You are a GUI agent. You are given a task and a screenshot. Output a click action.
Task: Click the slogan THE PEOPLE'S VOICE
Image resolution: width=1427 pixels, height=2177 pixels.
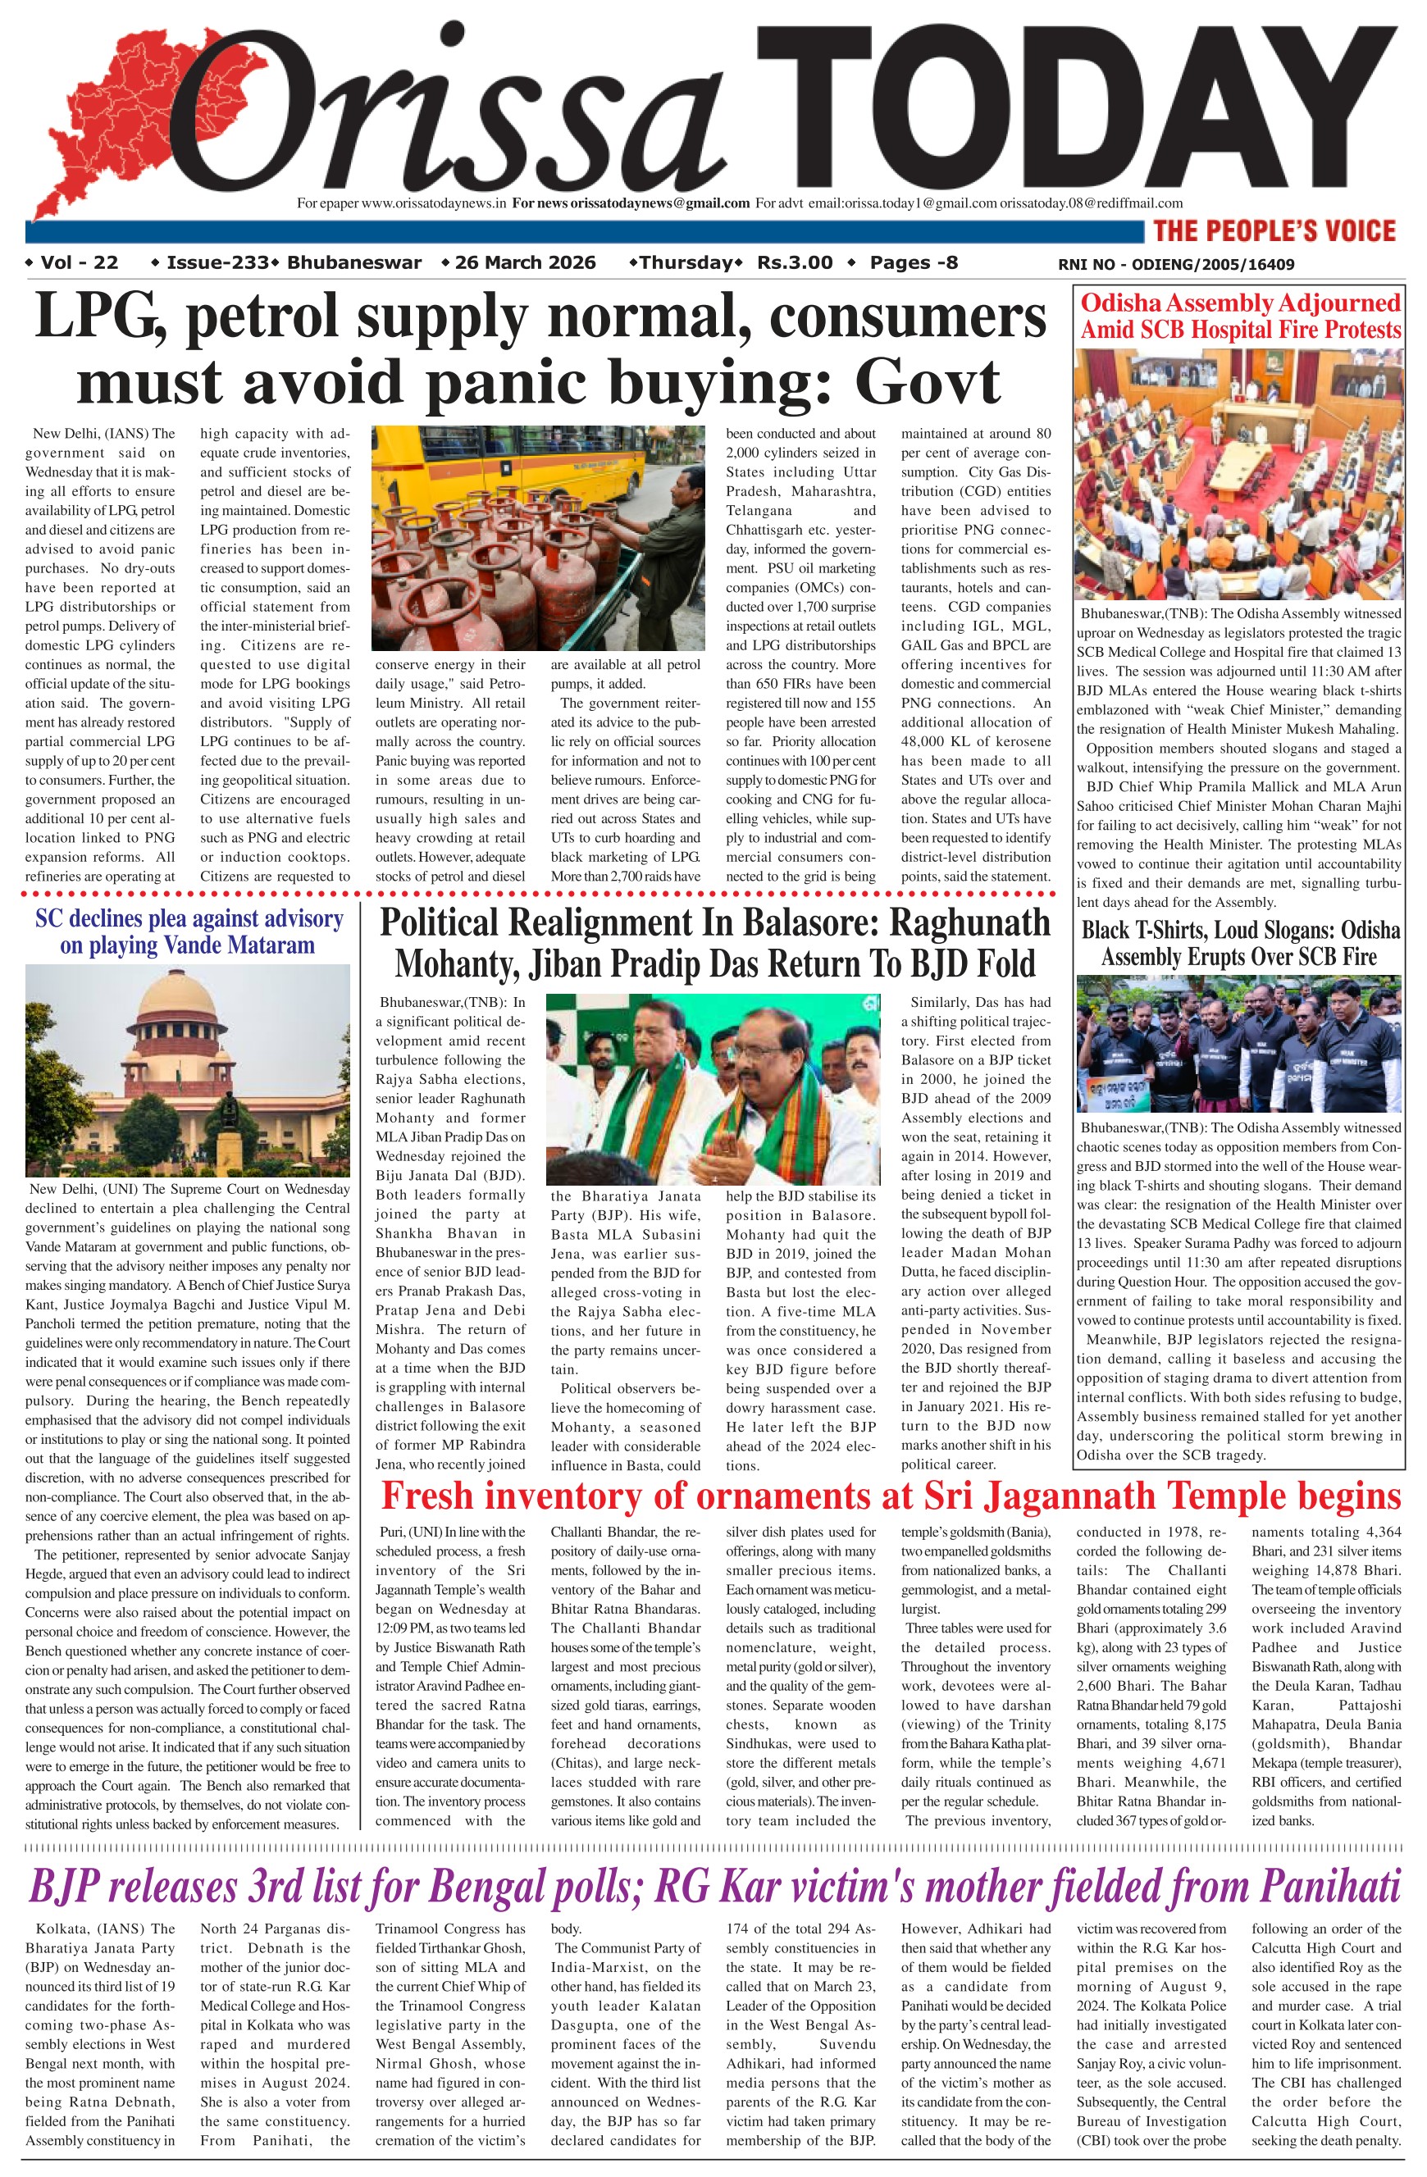(x=1274, y=230)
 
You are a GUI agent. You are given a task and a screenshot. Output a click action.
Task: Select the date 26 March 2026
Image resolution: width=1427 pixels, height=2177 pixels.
(x=525, y=263)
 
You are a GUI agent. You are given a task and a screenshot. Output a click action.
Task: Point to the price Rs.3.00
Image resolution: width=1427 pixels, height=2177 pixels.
(x=794, y=263)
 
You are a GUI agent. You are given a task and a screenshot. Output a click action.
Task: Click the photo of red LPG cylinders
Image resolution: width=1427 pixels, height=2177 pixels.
(x=538, y=538)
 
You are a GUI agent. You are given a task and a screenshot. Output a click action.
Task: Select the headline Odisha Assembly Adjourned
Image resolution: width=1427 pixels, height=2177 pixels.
(x=1239, y=303)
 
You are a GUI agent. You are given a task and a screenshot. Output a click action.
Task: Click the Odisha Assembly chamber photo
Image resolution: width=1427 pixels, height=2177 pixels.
(x=1238, y=474)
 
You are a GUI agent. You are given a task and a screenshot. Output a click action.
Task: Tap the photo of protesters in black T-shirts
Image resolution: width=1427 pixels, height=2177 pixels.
(x=1238, y=1043)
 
